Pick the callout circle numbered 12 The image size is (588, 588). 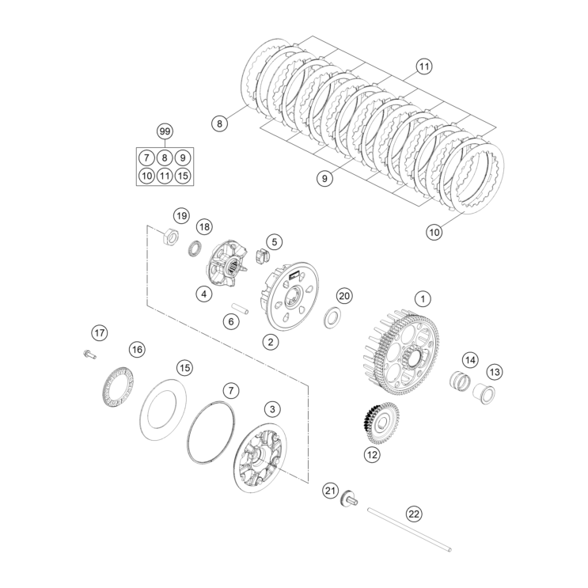(x=371, y=454)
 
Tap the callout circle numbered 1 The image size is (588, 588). (x=423, y=299)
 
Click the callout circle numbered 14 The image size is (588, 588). (x=470, y=360)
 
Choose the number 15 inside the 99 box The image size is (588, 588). (x=183, y=176)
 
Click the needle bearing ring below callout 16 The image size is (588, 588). (x=119, y=385)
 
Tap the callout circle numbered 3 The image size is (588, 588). (x=271, y=409)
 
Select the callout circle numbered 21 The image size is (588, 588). (x=330, y=491)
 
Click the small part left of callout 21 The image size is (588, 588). (x=348, y=500)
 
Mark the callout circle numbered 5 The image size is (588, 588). (x=273, y=241)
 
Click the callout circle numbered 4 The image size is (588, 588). (x=203, y=294)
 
